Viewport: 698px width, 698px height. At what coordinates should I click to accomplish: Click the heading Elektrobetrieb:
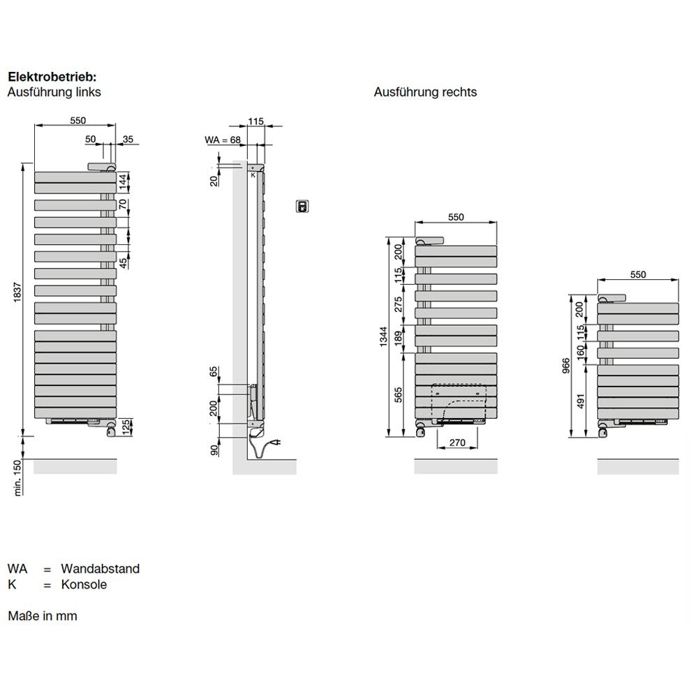point(52,77)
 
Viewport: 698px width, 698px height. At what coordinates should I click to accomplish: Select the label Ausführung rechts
point(425,92)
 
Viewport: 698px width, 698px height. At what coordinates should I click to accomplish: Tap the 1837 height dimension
point(17,292)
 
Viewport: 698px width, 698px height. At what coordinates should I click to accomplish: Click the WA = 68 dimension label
point(223,140)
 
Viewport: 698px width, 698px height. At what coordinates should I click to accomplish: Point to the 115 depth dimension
point(256,121)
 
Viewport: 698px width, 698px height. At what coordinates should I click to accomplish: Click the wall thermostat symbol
point(303,206)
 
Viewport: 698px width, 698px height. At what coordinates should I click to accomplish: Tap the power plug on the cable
point(276,443)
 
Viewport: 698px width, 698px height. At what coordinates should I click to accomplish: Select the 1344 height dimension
point(384,337)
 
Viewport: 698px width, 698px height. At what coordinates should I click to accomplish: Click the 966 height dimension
point(566,366)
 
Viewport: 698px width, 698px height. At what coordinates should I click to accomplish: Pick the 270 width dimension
point(457,443)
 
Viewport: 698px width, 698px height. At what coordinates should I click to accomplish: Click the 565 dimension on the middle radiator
point(399,395)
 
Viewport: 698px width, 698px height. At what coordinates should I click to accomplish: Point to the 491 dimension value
point(581,401)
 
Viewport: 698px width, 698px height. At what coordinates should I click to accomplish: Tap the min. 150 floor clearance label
point(17,477)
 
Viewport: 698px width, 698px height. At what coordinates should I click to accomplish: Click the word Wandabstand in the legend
point(100,568)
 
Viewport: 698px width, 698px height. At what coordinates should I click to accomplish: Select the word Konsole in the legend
point(84,584)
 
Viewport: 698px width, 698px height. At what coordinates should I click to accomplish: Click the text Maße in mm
point(43,616)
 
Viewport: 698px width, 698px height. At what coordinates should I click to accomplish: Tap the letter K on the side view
point(253,175)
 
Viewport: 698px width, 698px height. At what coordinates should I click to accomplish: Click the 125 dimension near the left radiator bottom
point(126,427)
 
